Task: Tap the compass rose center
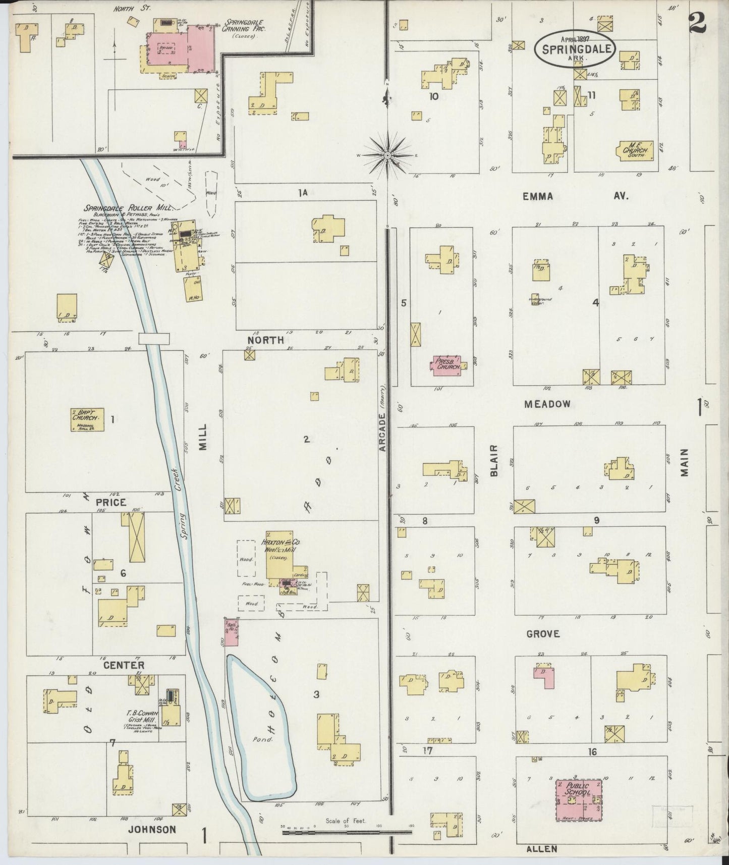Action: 386,155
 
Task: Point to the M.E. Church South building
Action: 634,150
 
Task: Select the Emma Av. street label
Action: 575,196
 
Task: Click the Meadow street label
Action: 547,404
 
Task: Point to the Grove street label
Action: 543,633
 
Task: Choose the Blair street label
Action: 494,460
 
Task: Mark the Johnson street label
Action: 152,829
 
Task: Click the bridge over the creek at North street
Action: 154,338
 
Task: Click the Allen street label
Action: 543,849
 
